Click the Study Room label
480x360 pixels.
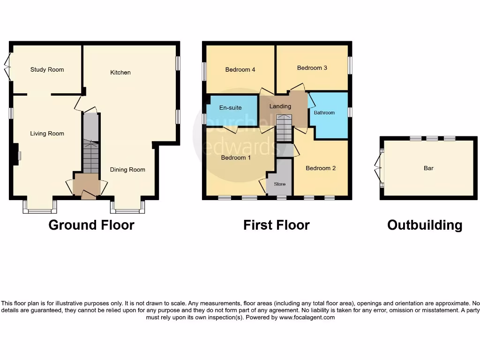pyautogui.click(x=47, y=70)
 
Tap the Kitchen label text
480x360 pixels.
pyautogui.click(x=120, y=73)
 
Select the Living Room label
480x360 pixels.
pyautogui.click(x=47, y=134)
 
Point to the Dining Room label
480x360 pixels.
pyautogui.click(x=127, y=170)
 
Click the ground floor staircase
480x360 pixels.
pyautogui.click(x=91, y=157)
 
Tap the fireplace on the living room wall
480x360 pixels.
pyautogui.click(x=16, y=155)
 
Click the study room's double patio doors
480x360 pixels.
pyautogui.click(x=7, y=67)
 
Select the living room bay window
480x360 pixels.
pyautogui.click(x=40, y=207)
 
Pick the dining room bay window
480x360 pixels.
pyautogui.click(x=127, y=207)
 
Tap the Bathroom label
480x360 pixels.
pyautogui.click(x=324, y=113)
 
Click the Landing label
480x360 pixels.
pyautogui.click(x=280, y=106)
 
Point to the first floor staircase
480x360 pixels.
pyautogui.click(x=283, y=128)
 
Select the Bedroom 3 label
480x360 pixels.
pyautogui.click(x=312, y=68)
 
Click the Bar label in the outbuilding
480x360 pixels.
pyautogui.click(x=428, y=168)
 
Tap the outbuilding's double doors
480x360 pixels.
pyautogui.click(x=379, y=168)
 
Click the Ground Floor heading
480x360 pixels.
pyautogui.click(x=91, y=225)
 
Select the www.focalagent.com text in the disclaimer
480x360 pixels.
pyautogui.click(x=307, y=317)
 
